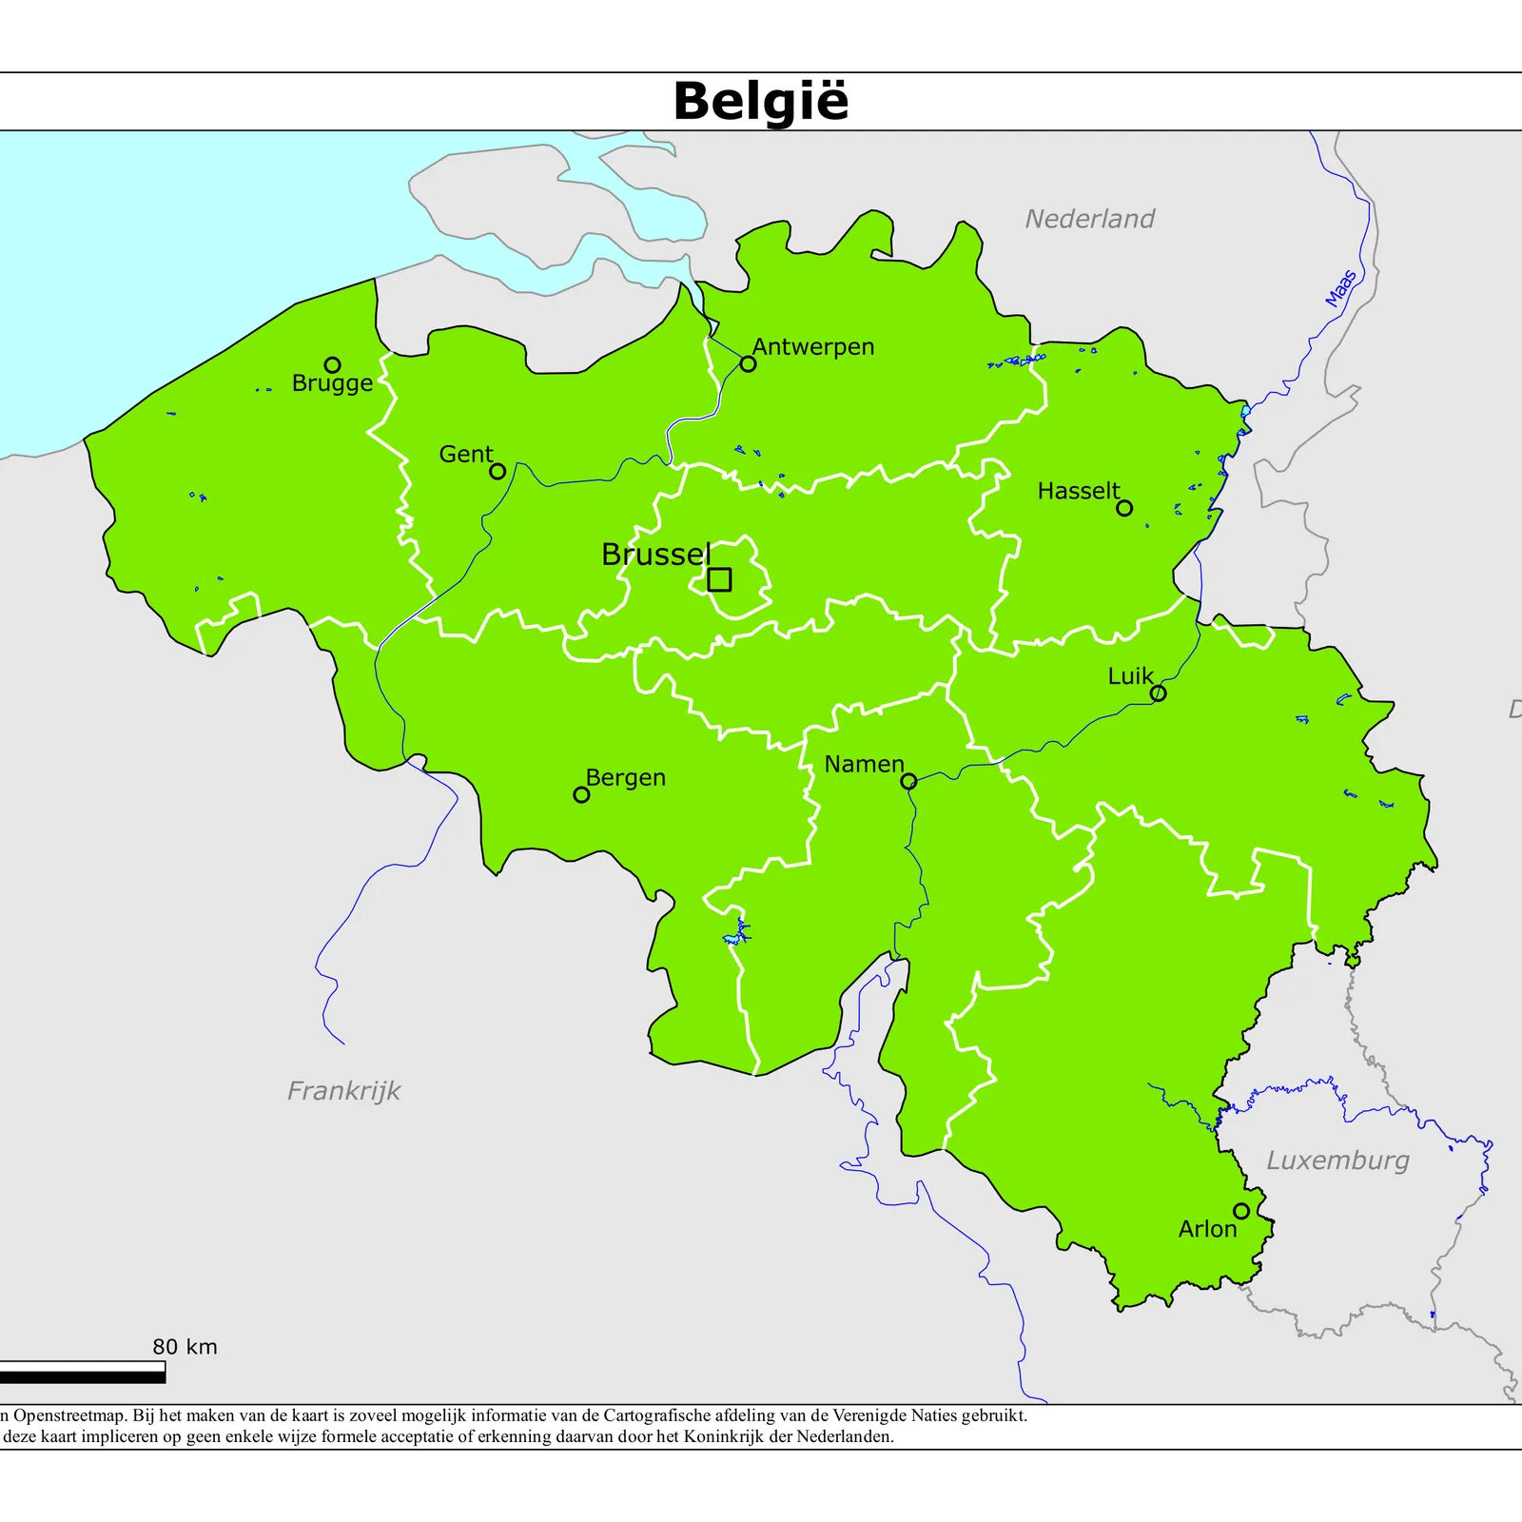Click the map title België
pyautogui.click(x=760, y=101)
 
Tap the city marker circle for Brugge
pyautogui.click(x=332, y=365)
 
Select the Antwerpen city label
pyautogui.click(x=813, y=347)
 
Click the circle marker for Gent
pyautogui.click(x=498, y=471)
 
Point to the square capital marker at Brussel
pyautogui.click(x=719, y=579)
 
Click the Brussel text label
pyautogui.click(x=655, y=555)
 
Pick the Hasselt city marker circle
pyautogui.click(x=1124, y=508)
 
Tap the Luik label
pyautogui.click(x=1130, y=676)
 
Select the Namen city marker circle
pyautogui.click(x=908, y=781)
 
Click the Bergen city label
pyautogui.click(x=625, y=778)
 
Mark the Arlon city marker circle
pyautogui.click(x=1241, y=1211)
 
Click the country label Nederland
pyautogui.click(x=1089, y=219)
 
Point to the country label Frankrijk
pyautogui.click(x=343, y=1090)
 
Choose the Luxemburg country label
pyautogui.click(x=1337, y=1161)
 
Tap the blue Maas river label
pyautogui.click(x=1341, y=288)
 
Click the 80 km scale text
pyautogui.click(x=185, y=1347)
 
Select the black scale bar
pyautogui.click(x=82, y=1373)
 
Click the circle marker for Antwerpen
pyautogui.click(x=748, y=364)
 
